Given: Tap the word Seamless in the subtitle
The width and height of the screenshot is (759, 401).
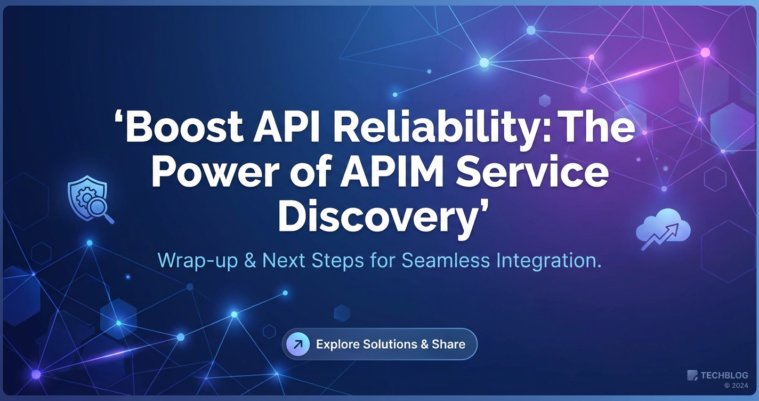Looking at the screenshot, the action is pyautogui.click(x=446, y=260).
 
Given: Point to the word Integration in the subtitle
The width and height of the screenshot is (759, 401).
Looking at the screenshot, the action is pyautogui.click(x=546, y=261).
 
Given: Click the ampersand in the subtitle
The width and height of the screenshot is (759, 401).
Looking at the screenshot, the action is pyautogui.click(x=250, y=260).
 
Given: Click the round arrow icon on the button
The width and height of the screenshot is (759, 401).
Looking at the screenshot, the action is pyautogui.click(x=298, y=344).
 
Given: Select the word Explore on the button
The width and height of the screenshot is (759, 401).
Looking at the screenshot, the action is pyautogui.click(x=337, y=344).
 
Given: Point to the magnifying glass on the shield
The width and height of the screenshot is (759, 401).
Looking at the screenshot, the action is pyautogui.click(x=101, y=210).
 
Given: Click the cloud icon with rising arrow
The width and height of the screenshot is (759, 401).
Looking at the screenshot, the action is pyautogui.click(x=663, y=228).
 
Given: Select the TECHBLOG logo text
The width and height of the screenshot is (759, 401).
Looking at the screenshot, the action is pyautogui.click(x=724, y=375).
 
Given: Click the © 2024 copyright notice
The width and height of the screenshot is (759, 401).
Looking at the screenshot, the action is pyautogui.click(x=736, y=386).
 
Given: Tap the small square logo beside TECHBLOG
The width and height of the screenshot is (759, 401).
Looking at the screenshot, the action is pyautogui.click(x=692, y=375).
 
